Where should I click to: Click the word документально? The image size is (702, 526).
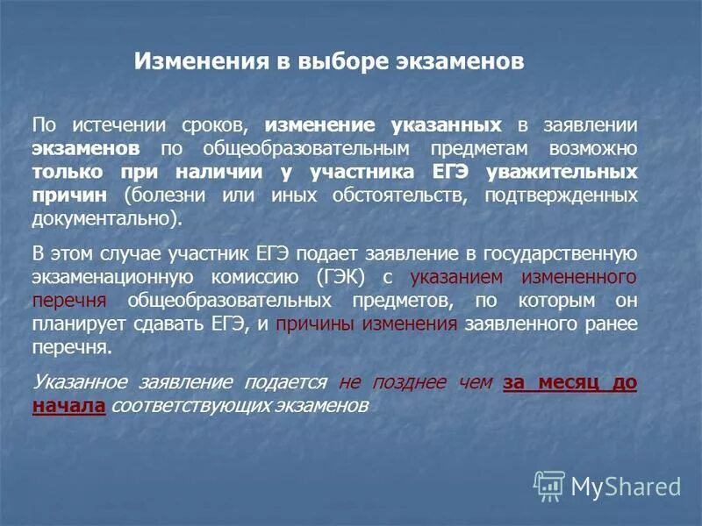108,217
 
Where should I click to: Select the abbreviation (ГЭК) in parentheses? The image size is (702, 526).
338,277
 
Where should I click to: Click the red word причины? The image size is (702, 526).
309,323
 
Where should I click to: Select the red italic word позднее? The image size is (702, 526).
402,383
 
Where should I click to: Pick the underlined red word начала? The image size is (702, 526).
68,406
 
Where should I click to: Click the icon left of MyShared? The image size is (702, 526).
548,485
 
